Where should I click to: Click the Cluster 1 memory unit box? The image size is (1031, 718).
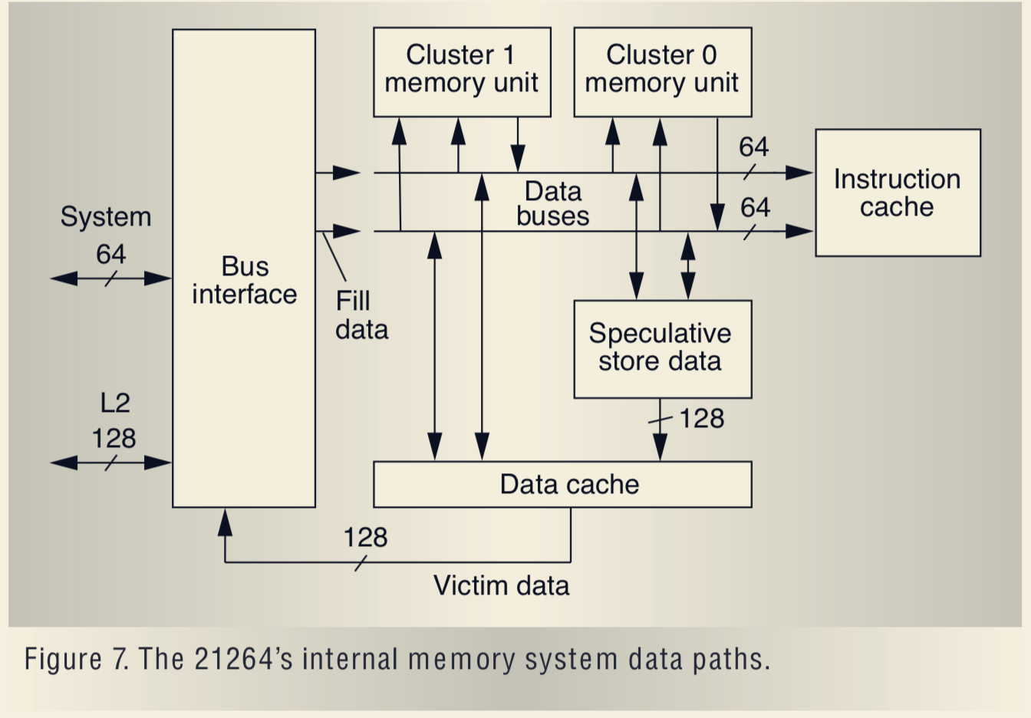click(462, 71)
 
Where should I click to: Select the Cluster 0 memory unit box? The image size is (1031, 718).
click(662, 71)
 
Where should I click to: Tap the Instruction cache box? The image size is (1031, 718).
click(897, 193)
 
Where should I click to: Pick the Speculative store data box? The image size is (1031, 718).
click(662, 348)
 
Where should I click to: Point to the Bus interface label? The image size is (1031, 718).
click(245, 280)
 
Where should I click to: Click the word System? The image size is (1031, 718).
click(106, 217)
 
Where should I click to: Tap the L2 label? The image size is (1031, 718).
click(115, 403)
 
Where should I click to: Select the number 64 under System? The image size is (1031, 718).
click(111, 254)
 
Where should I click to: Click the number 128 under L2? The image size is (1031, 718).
click(114, 438)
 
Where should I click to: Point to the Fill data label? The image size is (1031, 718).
click(361, 315)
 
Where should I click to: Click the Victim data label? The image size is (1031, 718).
click(501, 585)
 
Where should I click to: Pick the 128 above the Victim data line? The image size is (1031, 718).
click(365, 537)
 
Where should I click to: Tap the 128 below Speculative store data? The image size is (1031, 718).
click(701, 419)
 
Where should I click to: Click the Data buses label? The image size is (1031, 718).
click(552, 203)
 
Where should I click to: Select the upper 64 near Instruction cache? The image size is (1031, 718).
click(753, 147)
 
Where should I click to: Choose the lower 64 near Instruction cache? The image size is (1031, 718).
click(755, 207)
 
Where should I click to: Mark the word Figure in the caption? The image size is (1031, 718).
click(63, 659)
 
